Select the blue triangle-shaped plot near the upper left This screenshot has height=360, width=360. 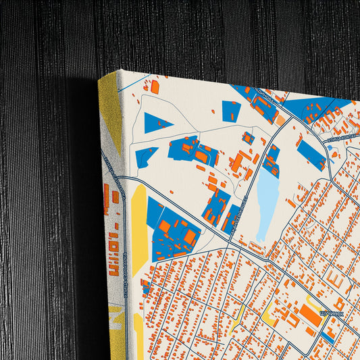[x=155, y=122]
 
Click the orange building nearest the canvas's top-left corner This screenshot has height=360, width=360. [x=155, y=86]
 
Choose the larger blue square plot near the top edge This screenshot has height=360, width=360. [x=231, y=111]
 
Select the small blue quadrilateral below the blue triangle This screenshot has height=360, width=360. [x=145, y=156]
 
